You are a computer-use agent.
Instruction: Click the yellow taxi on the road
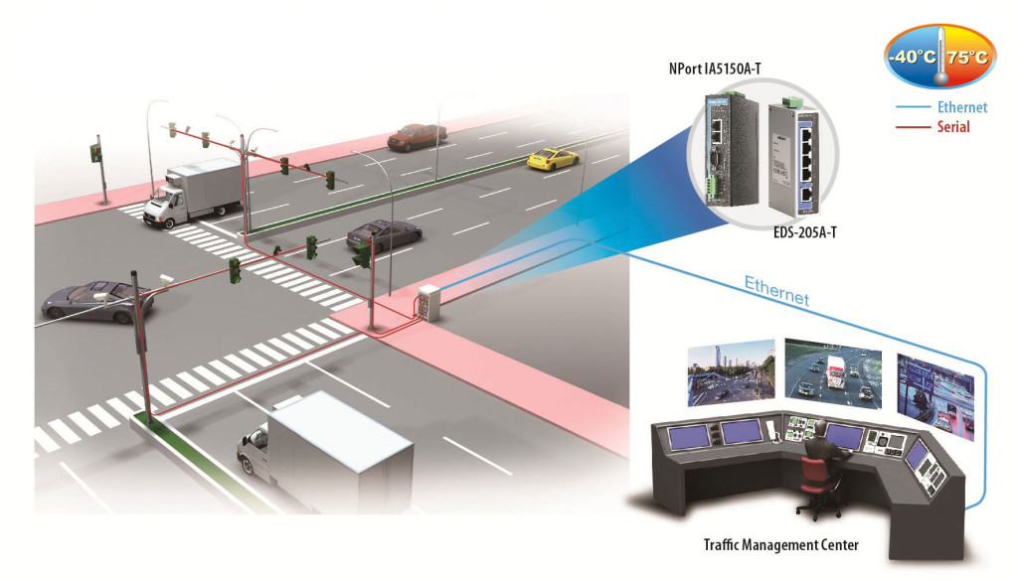coord(552,158)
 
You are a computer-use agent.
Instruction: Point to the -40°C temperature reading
coord(912,57)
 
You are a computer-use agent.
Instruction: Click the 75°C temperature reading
coord(967,57)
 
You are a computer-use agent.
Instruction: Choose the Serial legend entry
coord(952,127)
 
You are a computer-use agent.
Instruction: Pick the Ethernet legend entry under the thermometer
coord(960,107)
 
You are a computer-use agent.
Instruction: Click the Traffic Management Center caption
coord(780,544)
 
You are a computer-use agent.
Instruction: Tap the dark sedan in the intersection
coord(383,235)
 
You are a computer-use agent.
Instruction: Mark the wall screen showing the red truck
coord(833,372)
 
